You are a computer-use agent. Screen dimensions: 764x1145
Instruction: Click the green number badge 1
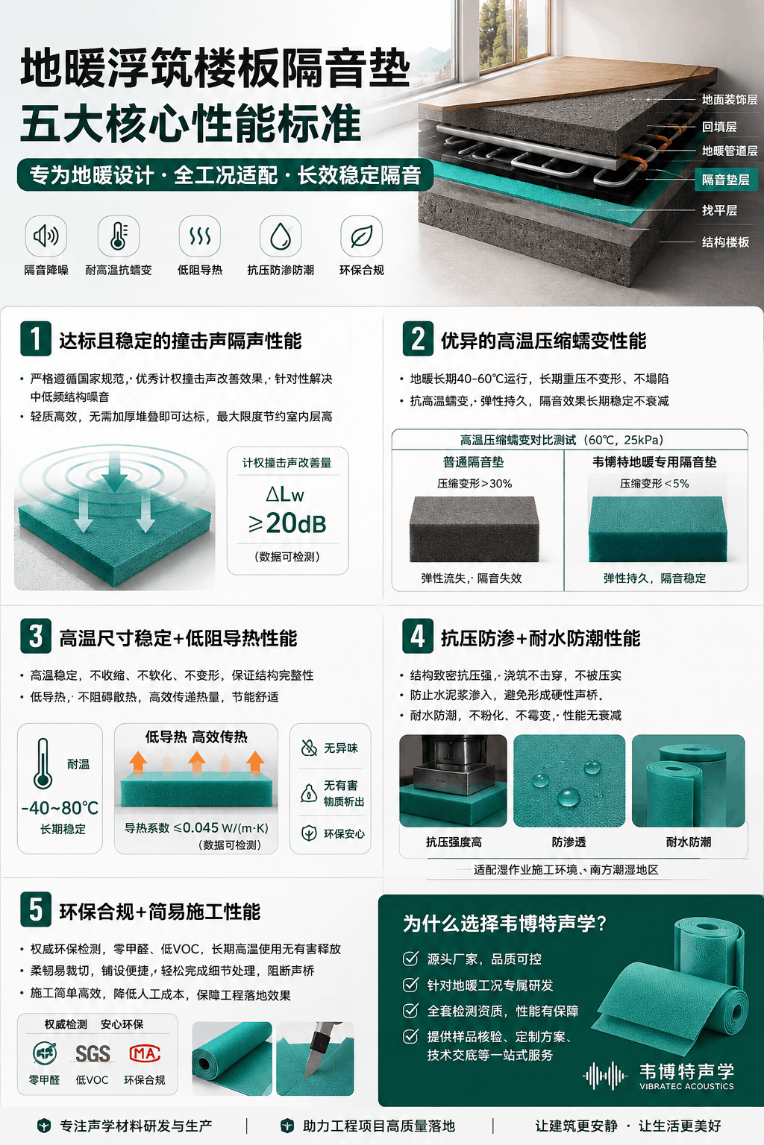tap(35, 338)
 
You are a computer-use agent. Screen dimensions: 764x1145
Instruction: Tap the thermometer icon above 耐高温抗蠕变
tap(118, 236)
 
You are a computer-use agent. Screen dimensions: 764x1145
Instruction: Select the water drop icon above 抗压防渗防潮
tap(280, 236)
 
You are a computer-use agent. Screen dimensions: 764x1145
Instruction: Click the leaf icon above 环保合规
tap(361, 236)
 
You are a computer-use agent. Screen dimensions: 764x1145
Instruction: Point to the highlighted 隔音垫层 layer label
tap(726, 180)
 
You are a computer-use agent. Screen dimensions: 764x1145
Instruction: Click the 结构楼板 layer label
tap(725, 242)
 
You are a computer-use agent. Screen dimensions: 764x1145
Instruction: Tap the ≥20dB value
tap(287, 523)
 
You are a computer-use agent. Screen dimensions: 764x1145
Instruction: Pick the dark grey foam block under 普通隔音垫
tap(474, 529)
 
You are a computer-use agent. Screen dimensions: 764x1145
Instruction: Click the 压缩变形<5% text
tap(654, 484)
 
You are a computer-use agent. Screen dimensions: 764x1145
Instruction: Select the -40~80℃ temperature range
tap(60, 808)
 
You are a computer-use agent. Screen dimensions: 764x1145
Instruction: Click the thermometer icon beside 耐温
tap(43, 763)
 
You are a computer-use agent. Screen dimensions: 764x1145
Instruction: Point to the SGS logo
tap(93, 1053)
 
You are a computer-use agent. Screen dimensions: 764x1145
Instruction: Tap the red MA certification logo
tap(145, 1053)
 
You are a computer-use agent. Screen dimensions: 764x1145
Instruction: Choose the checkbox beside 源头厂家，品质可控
tap(410, 959)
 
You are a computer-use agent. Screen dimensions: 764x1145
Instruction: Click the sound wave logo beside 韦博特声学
tap(605, 1076)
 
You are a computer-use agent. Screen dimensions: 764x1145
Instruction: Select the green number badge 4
tap(418, 636)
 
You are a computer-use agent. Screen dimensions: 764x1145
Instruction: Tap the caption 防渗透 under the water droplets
tap(569, 842)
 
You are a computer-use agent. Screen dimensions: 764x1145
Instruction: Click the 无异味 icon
tap(309, 748)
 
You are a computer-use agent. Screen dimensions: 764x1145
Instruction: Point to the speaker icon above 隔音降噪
tap(46, 236)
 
